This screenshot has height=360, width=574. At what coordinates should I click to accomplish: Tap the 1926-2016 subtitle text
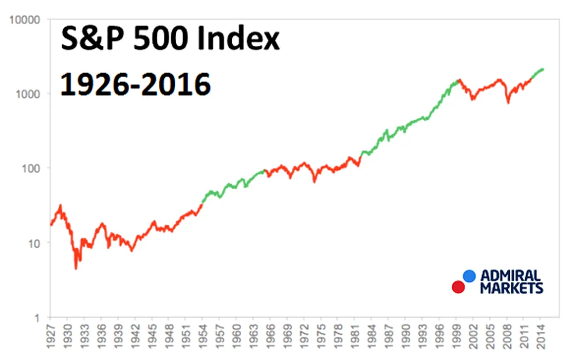[135, 83]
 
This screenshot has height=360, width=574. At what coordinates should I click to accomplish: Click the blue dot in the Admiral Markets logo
[469, 276]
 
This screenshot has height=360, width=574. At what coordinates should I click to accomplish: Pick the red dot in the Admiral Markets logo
[458, 287]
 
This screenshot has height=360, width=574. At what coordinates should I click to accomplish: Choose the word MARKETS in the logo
[511, 287]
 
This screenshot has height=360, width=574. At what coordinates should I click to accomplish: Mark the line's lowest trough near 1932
[76, 268]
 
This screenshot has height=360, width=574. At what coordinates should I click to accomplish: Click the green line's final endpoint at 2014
[543, 69]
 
